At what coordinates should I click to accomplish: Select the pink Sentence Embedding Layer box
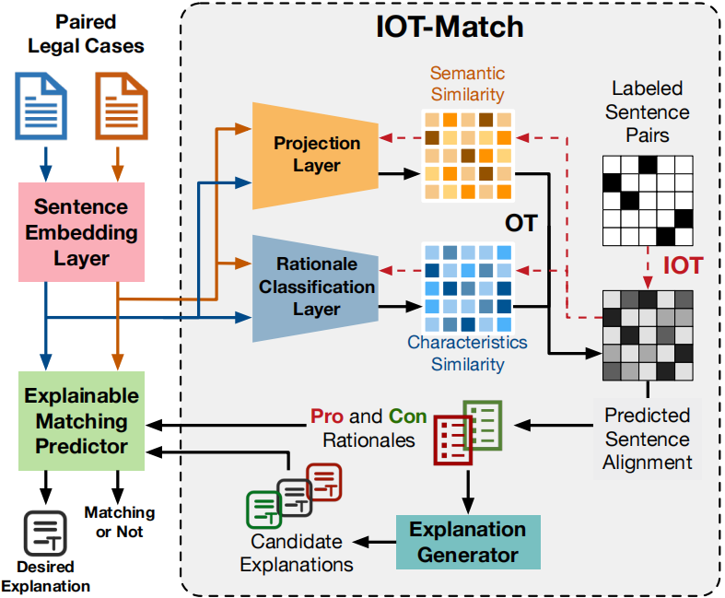pos(81,231)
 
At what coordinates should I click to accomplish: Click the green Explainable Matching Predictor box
pos(81,421)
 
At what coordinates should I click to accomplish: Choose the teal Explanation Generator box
pos(467,542)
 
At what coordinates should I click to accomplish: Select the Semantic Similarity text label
pos(467,83)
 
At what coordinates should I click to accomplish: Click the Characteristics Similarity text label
pos(467,353)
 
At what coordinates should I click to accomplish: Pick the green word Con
pos(407,416)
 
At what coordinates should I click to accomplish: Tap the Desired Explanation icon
pos(42,534)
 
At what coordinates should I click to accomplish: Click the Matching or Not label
pos(119,522)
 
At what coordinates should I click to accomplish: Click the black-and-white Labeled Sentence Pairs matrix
pos(646,198)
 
